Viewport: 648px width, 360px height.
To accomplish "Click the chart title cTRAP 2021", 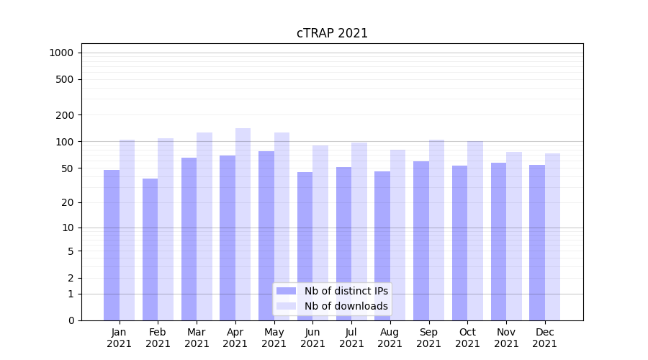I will pos(332,33).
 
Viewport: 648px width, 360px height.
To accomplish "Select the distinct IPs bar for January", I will pos(112,245).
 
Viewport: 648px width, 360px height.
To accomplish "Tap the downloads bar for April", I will pos(243,224).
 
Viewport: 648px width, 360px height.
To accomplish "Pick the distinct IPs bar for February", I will pos(150,249).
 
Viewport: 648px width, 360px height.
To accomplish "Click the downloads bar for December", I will pos(552,237).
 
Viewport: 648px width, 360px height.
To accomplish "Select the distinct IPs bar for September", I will pos(421,240).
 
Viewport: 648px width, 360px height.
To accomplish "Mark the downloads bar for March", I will pos(204,226).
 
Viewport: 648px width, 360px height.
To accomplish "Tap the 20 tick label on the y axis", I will pos(68,202).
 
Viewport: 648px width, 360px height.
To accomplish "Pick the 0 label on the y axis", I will pos(71,320).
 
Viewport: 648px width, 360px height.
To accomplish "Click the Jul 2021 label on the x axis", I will pos(351,338).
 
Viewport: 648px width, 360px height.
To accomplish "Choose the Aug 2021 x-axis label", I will pos(390,338).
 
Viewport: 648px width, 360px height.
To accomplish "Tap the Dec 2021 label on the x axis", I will pos(544,338).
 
